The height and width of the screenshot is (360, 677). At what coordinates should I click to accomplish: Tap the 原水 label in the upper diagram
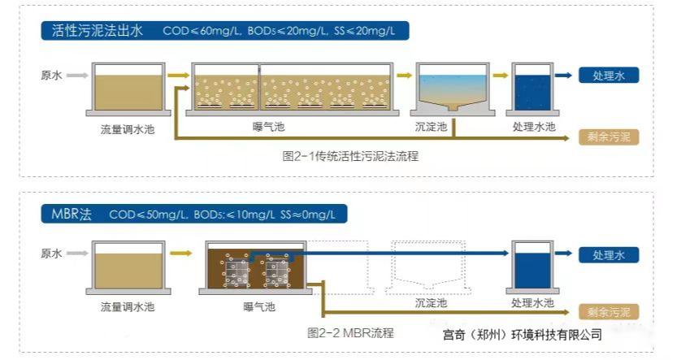pos(51,76)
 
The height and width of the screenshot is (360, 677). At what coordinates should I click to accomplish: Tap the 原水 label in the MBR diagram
pos(51,254)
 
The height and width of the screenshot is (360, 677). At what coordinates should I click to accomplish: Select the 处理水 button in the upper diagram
pos(609,76)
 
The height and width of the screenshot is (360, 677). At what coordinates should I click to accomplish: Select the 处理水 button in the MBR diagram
pos(609,255)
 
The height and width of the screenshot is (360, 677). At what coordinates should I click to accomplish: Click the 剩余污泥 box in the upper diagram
pos(609,136)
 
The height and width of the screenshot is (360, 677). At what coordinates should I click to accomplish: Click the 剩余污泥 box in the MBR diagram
pos(609,312)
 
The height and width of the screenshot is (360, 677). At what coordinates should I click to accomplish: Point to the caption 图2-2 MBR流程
pos(351,332)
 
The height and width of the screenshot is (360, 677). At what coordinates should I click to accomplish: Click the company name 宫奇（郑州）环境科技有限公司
pos(517,333)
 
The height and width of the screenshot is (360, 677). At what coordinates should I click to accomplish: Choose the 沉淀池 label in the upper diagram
pos(431,127)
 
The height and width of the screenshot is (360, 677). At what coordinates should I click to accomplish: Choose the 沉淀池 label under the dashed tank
pos(431,303)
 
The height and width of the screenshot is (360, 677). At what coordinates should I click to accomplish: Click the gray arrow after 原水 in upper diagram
pos(76,76)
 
